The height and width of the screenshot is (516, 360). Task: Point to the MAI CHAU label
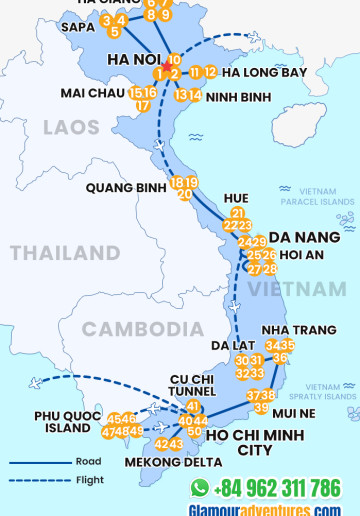pos(92,92)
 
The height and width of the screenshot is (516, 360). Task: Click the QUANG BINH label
pos(125,187)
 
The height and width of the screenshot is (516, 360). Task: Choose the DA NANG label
pos(311,237)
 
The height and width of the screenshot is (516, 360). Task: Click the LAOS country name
pos(71,127)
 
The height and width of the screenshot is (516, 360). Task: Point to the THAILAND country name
pos(65,253)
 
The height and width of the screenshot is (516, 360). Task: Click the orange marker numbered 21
pos(237,213)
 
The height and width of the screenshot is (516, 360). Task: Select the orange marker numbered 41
pos(193,406)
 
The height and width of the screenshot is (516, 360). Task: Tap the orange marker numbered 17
pos(143,105)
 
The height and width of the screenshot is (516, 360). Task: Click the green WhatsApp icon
pos(200,487)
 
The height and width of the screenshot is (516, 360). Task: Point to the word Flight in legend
pos(88,480)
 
